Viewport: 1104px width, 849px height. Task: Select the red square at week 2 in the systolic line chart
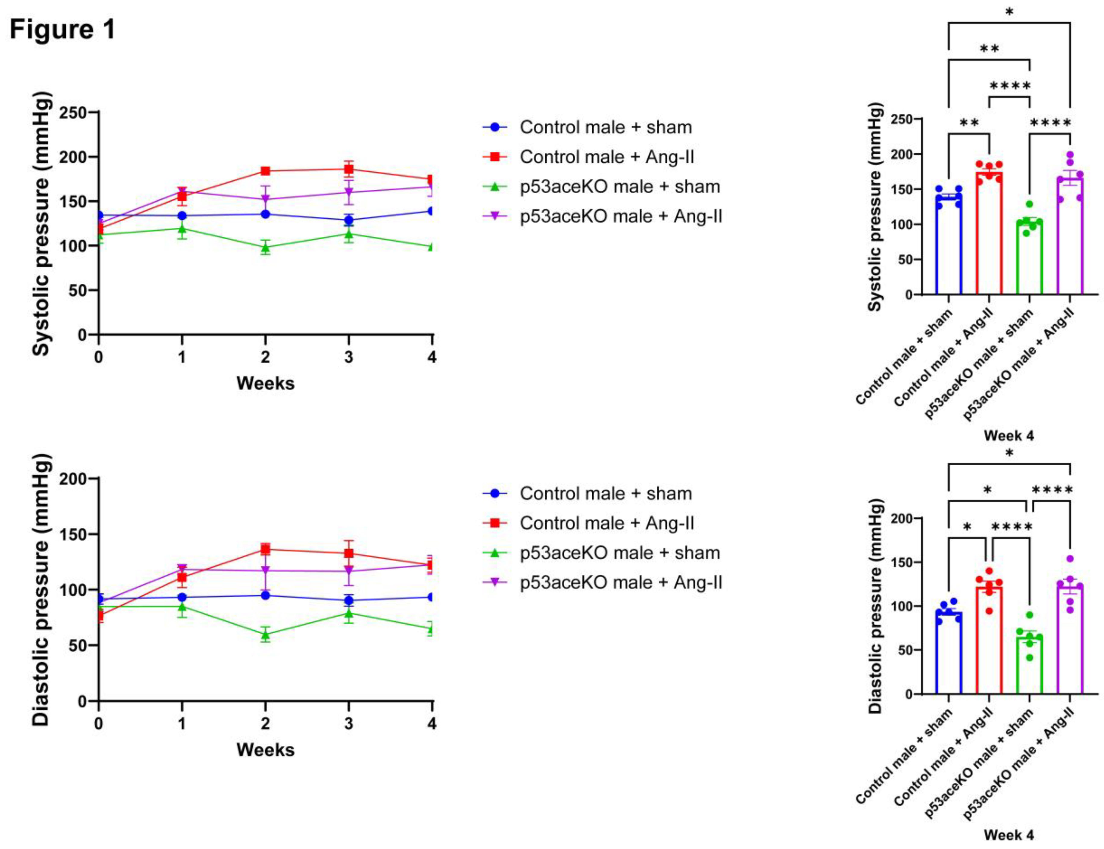(x=265, y=171)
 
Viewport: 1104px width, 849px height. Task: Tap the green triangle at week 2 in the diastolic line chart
(x=265, y=635)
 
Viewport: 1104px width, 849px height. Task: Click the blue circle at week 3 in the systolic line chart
(x=348, y=220)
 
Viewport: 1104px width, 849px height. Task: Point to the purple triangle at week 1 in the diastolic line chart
(x=182, y=569)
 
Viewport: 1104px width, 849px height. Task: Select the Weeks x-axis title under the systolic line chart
(x=265, y=383)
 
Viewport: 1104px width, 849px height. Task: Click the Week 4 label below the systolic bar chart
(x=1009, y=435)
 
